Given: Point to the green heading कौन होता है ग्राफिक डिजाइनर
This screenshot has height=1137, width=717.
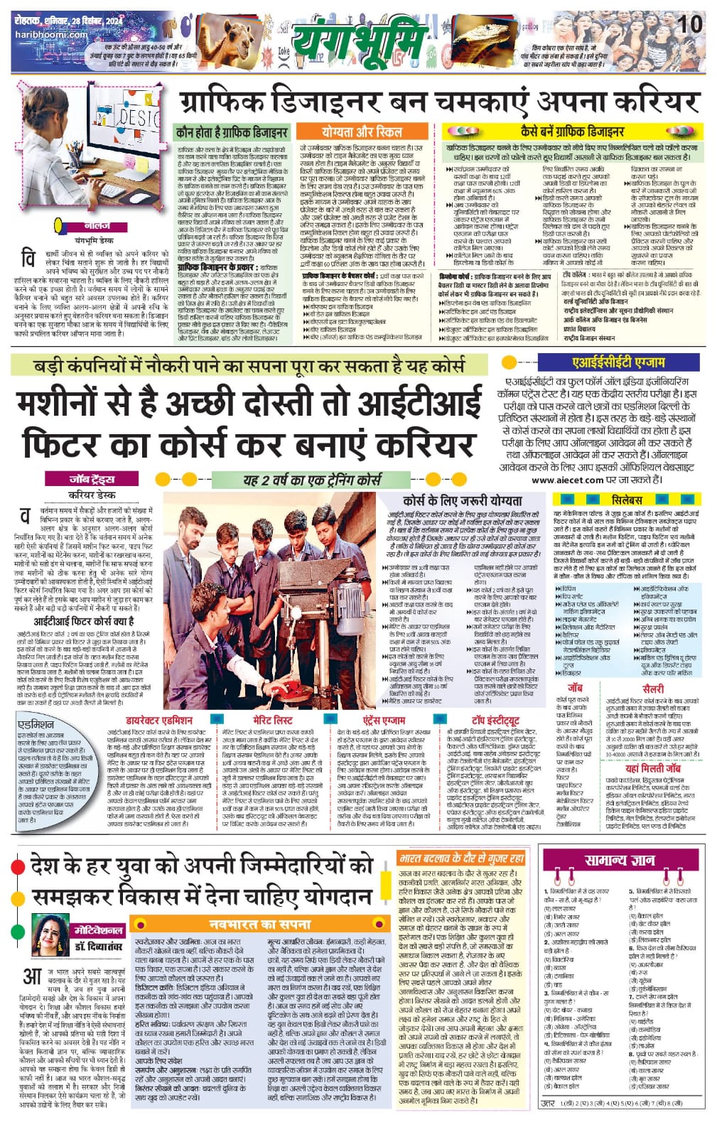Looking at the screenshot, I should (232, 132).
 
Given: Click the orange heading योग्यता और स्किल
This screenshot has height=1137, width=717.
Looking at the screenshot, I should (362, 132).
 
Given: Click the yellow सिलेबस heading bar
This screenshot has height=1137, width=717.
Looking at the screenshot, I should (627, 500).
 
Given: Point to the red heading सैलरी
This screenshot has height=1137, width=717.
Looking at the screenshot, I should (652, 689).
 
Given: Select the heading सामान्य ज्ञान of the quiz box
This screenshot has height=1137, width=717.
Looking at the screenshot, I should (619, 859).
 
